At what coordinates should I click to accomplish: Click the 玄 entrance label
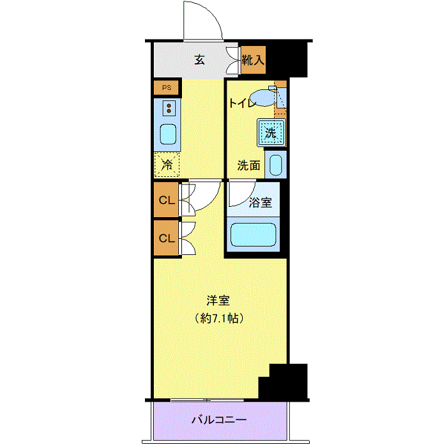(199, 60)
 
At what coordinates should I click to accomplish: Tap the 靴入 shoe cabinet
(254, 60)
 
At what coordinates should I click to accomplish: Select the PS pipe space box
(167, 88)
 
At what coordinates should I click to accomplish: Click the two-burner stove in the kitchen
(169, 109)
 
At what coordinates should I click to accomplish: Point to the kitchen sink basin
(168, 134)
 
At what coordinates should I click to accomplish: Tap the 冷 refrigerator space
(167, 165)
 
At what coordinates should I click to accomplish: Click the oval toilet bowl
(264, 98)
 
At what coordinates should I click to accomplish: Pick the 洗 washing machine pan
(271, 133)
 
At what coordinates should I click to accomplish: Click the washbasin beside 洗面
(276, 165)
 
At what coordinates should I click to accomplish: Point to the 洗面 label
(249, 165)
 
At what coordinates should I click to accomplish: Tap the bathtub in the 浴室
(253, 234)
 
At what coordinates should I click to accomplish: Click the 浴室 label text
(261, 202)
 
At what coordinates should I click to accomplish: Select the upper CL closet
(167, 200)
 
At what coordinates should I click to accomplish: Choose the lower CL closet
(167, 238)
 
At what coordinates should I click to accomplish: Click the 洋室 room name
(218, 301)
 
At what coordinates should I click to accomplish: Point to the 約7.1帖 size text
(219, 318)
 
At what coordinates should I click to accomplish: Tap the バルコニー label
(219, 420)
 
